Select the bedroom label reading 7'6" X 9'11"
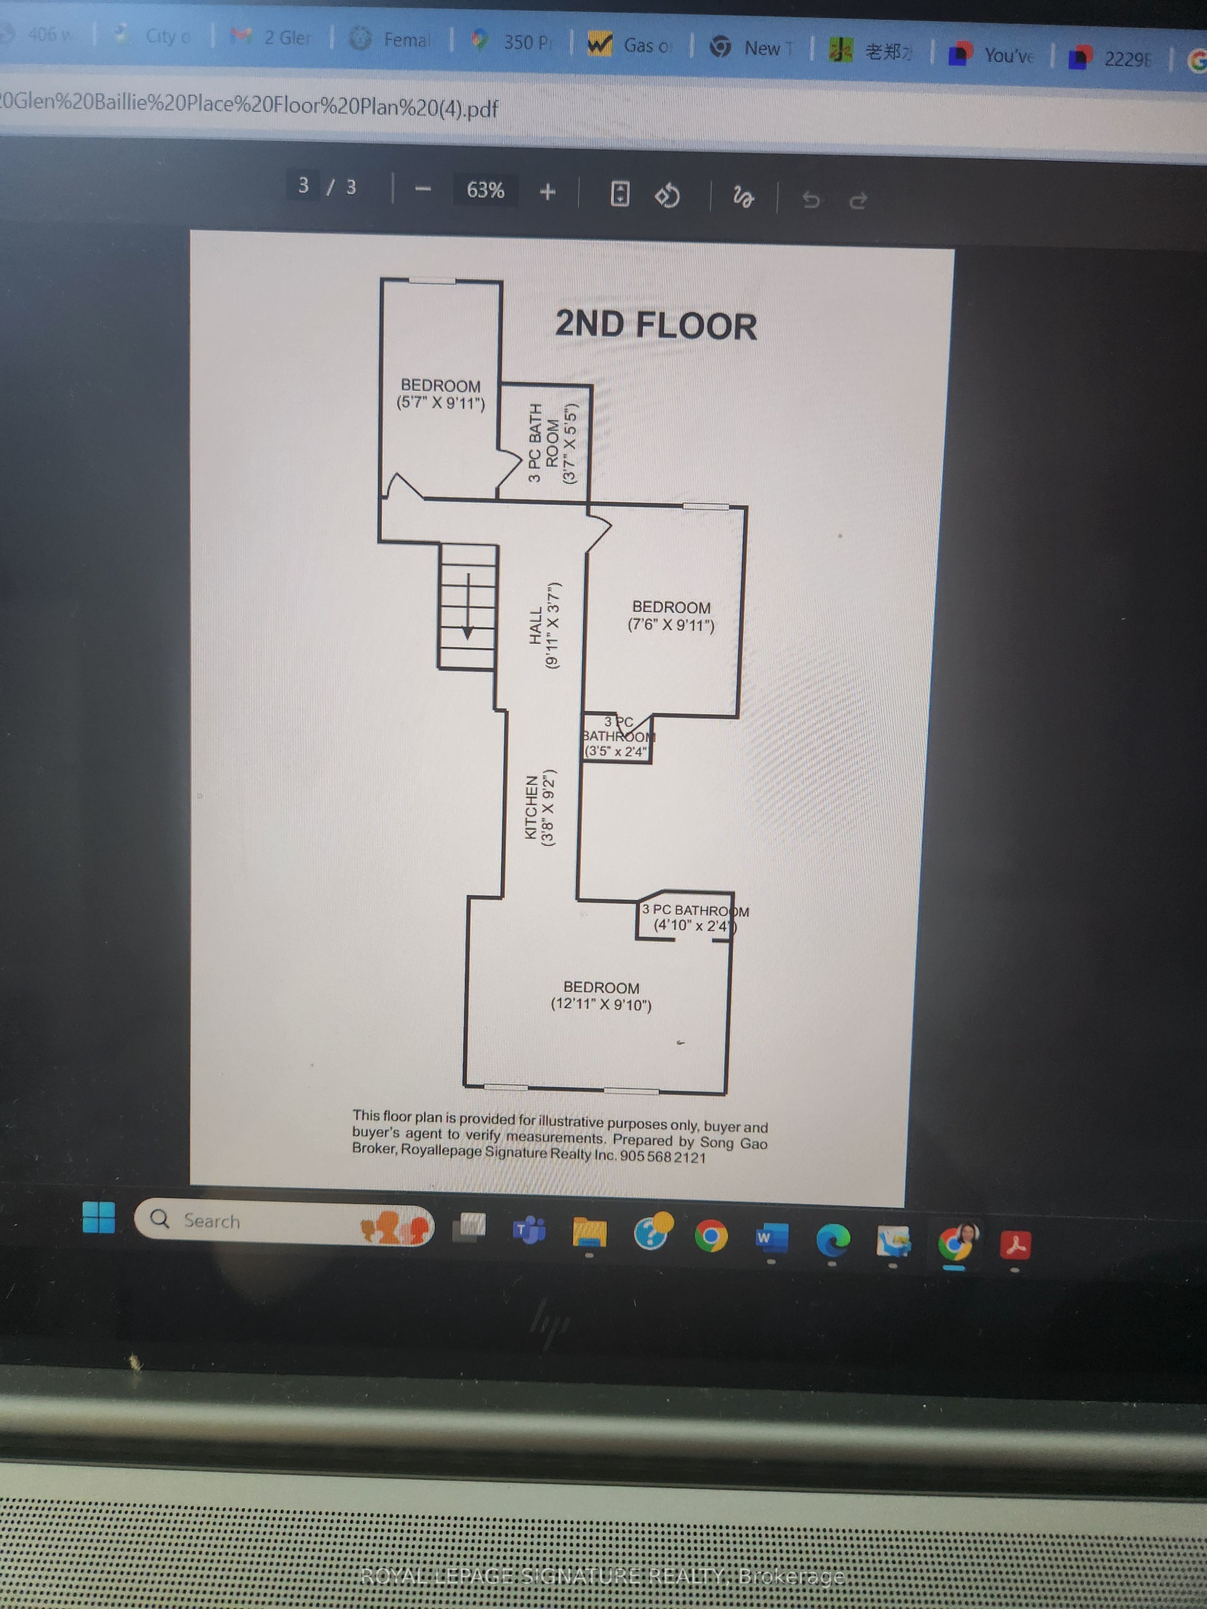pos(671,616)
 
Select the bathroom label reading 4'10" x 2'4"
pos(693,918)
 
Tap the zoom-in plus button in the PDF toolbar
pos(548,192)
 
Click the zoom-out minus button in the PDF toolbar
pos(423,189)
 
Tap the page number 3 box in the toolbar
pos(303,186)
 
